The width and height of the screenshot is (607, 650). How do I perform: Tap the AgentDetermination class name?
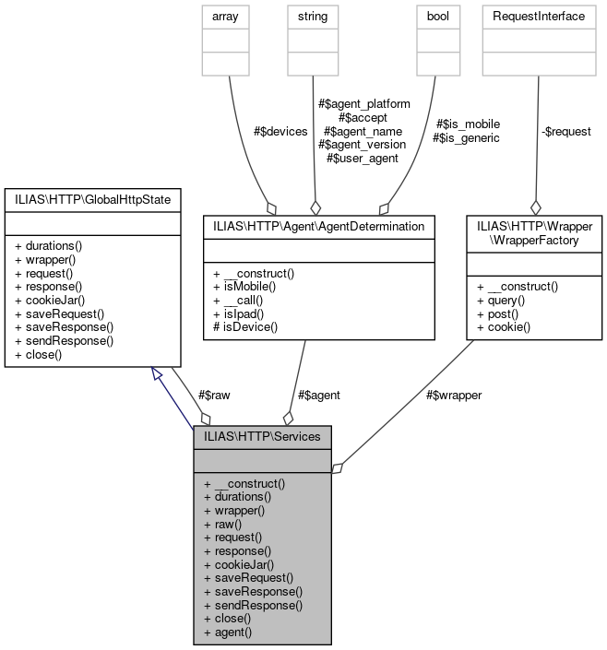tap(319, 225)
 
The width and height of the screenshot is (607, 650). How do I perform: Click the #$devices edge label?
tap(280, 131)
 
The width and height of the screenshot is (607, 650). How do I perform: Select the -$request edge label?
tap(565, 131)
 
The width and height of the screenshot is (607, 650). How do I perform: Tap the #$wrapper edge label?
tap(454, 395)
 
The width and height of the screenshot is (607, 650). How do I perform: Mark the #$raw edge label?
tap(214, 395)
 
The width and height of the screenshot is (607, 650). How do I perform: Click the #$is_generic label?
tap(466, 137)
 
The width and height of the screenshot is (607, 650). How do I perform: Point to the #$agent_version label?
tap(362, 144)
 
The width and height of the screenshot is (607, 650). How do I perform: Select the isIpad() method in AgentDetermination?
tap(239, 313)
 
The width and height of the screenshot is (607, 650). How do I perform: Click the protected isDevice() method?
tap(244, 327)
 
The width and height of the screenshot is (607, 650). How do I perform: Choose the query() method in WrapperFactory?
tap(501, 300)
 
